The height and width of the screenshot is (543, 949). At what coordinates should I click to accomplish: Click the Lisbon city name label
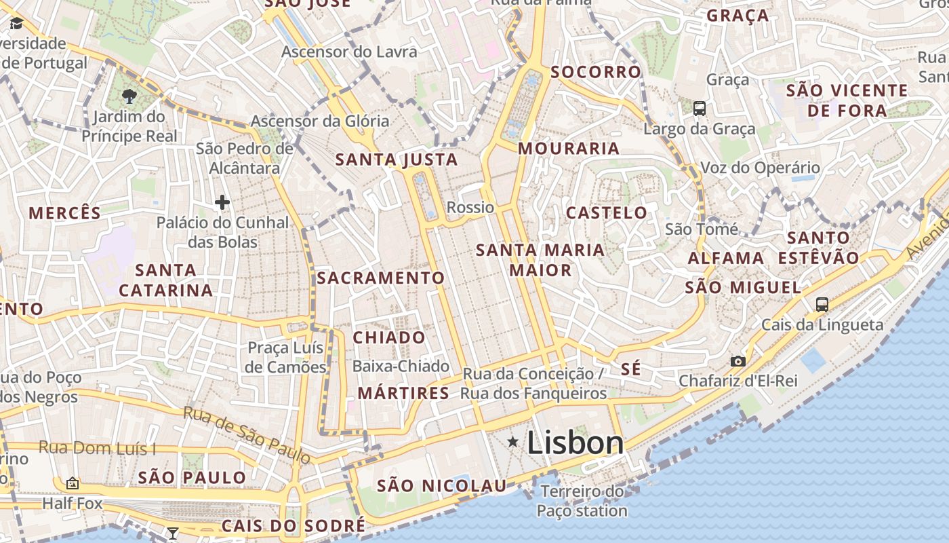click(x=575, y=443)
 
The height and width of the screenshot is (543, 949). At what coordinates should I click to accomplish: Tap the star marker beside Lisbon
click(x=513, y=443)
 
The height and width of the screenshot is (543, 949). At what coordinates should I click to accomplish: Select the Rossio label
click(x=470, y=207)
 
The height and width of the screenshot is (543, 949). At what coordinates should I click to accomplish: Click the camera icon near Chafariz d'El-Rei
click(x=738, y=361)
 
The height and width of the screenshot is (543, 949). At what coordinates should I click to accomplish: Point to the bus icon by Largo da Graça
click(x=699, y=108)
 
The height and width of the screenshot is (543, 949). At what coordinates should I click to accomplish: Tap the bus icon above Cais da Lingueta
click(x=822, y=304)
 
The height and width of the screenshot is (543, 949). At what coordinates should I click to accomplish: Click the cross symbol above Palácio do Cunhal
click(x=222, y=202)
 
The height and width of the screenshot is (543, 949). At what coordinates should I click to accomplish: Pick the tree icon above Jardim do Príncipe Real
click(x=129, y=96)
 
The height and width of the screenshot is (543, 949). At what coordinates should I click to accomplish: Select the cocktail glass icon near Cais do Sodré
click(x=173, y=533)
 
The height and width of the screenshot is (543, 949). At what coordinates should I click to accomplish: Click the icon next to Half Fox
click(x=73, y=483)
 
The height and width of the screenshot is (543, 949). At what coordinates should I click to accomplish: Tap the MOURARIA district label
click(x=569, y=148)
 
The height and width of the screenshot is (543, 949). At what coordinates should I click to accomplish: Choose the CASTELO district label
click(x=606, y=212)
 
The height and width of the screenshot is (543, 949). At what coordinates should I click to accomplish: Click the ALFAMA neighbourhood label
click(x=726, y=258)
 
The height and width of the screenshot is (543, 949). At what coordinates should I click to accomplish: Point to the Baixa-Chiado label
click(x=401, y=367)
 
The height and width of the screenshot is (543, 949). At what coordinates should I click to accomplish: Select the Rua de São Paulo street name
click(x=247, y=434)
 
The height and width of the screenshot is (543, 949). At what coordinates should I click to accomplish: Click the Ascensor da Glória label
click(x=320, y=121)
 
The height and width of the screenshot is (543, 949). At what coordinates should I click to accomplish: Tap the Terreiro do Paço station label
click(x=582, y=501)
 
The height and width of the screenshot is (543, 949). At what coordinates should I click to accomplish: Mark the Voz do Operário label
click(x=760, y=168)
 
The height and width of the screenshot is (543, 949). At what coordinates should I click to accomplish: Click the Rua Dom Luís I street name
click(x=97, y=448)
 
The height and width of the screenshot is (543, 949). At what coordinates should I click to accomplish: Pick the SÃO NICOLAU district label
click(x=441, y=485)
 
